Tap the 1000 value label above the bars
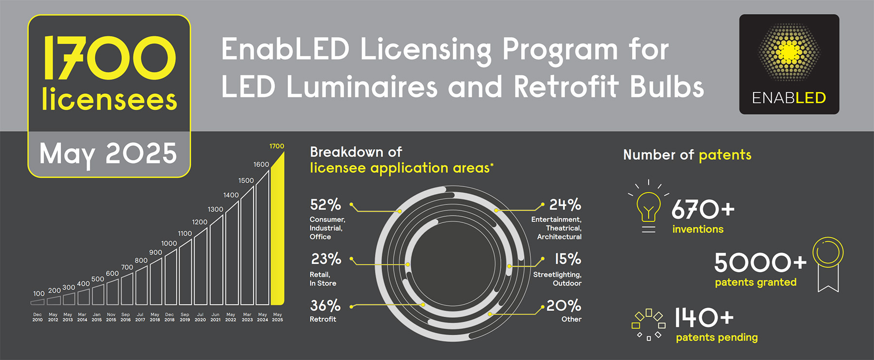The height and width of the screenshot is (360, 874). (x=169, y=243)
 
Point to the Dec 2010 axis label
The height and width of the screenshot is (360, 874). (x=37, y=317)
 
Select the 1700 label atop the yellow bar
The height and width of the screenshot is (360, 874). (x=277, y=146)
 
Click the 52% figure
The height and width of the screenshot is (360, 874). (x=325, y=205)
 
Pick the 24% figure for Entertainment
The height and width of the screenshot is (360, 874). (x=565, y=205)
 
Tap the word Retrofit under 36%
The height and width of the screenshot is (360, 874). (x=323, y=319)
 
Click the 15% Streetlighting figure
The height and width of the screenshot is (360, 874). (x=568, y=259)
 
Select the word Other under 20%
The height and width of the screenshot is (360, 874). (x=571, y=319)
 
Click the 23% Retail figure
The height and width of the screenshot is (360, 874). (x=326, y=259)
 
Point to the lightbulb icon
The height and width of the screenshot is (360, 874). (x=648, y=207)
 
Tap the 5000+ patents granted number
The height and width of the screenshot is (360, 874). (x=760, y=263)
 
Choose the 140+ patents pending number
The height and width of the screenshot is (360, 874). (x=704, y=318)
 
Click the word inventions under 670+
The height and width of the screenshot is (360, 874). (x=698, y=229)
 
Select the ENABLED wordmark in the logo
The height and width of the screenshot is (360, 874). (x=789, y=98)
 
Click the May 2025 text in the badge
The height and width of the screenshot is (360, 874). (x=108, y=154)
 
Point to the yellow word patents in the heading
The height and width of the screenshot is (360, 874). (x=725, y=155)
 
